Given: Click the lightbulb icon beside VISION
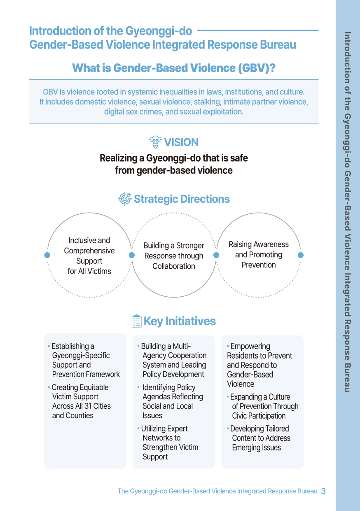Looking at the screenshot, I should pos(155,142).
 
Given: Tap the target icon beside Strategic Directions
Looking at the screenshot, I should pos(124,199).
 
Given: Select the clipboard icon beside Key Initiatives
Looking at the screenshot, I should pos(136,321).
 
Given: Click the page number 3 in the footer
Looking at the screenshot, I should pos(323,491).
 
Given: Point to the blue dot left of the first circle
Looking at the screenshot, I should pos(47,255).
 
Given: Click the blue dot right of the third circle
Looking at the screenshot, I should pos(301,255).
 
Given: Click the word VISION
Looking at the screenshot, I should pos(181,142).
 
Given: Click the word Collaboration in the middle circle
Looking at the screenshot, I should pos(174,266).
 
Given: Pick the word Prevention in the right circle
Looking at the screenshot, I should pos(259,265).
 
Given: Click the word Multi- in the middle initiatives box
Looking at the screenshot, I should pos(182,346).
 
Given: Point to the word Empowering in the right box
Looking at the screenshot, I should pos(250,346).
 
